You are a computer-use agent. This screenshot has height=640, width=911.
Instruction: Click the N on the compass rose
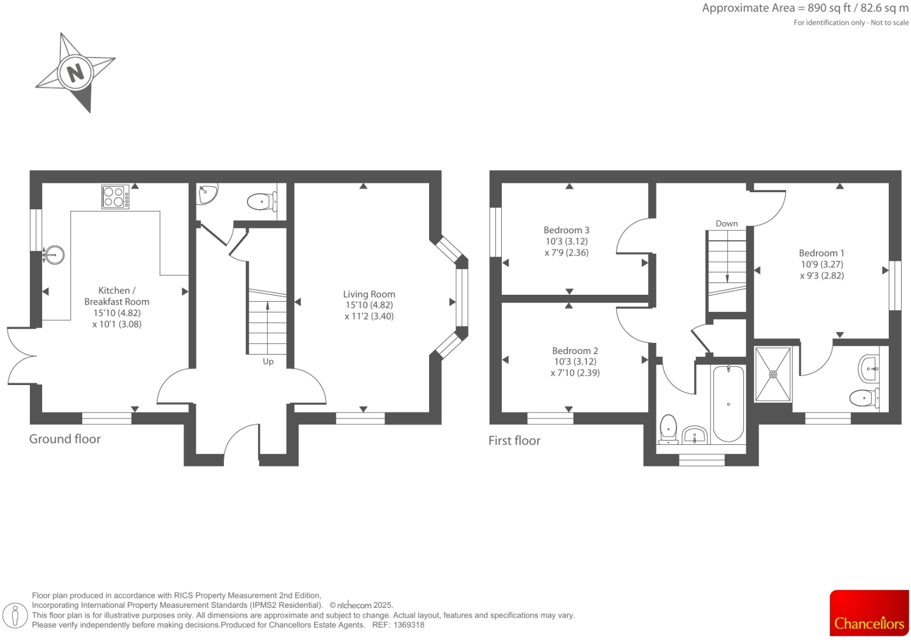75,73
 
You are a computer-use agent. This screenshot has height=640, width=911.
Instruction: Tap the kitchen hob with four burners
115,197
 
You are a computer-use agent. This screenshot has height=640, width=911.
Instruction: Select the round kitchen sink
55,256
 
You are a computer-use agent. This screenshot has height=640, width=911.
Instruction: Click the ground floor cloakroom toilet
261,202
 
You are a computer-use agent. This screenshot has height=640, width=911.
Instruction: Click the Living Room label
369,294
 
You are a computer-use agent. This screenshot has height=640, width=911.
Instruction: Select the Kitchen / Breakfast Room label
117,296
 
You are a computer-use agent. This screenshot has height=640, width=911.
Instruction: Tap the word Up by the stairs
268,362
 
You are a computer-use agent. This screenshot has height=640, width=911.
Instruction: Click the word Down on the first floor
726,223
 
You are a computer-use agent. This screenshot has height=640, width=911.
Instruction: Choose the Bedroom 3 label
566,230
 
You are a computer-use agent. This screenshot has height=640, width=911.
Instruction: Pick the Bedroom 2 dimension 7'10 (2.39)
575,373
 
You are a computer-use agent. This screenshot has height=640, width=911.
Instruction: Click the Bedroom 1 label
821,253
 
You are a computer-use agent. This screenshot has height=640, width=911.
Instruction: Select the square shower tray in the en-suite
773,374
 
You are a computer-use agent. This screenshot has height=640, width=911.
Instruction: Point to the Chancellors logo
869,613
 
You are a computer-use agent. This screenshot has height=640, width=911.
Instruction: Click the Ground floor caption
65,439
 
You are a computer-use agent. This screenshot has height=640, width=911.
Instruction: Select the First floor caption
514,441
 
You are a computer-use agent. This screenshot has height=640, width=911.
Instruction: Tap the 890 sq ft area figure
826,8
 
